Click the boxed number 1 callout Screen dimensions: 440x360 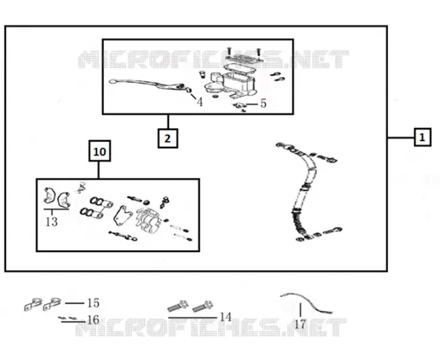(x=423, y=137)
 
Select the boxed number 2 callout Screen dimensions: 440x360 (x=167, y=138)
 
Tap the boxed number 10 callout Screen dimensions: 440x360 (x=100, y=151)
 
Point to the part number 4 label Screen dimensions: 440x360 (x=200, y=102)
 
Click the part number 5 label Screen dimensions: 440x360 (x=263, y=104)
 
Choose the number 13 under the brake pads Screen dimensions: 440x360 (x=52, y=222)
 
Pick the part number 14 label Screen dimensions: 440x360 (x=225, y=317)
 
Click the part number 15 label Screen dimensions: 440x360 (x=94, y=303)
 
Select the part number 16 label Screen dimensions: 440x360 (x=94, y=320)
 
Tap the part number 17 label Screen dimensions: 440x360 (x=300, y=325)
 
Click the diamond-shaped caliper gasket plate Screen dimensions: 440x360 (x=123, y=215)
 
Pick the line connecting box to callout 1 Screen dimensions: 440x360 (x=400, y=137)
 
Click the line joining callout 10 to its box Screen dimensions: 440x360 (x=98, y=170)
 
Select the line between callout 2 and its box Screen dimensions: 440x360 (x=168, y=121)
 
